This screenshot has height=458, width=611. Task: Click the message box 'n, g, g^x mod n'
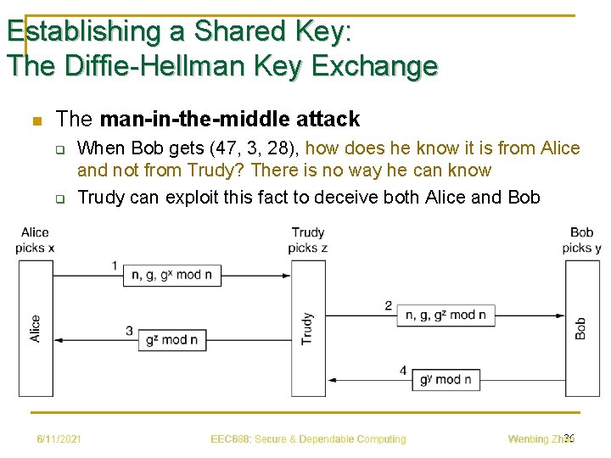(173, 275)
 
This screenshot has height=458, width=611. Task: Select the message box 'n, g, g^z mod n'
(446, 315)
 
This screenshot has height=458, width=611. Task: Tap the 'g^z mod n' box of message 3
(172, 339)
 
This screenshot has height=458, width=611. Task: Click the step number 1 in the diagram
(115, 266)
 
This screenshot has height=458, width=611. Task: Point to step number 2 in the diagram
(389, 305)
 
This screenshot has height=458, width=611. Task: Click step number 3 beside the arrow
(129, 331)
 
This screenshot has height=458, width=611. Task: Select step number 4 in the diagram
(403, 371)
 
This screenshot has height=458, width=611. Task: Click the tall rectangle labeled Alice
(36, 328)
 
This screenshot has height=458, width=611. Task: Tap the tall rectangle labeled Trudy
(308, 328)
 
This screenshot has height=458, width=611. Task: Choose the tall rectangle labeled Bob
(582, 328)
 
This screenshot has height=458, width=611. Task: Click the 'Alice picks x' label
(35, 240)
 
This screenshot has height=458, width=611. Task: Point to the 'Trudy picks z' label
(308, 240)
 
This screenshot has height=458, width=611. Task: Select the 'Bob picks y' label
(582, 240)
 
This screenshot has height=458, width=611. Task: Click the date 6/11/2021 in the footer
(59, 439)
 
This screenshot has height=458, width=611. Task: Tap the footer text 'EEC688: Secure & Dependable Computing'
(308, 439)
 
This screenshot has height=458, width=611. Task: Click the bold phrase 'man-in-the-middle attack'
(230, 120)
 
